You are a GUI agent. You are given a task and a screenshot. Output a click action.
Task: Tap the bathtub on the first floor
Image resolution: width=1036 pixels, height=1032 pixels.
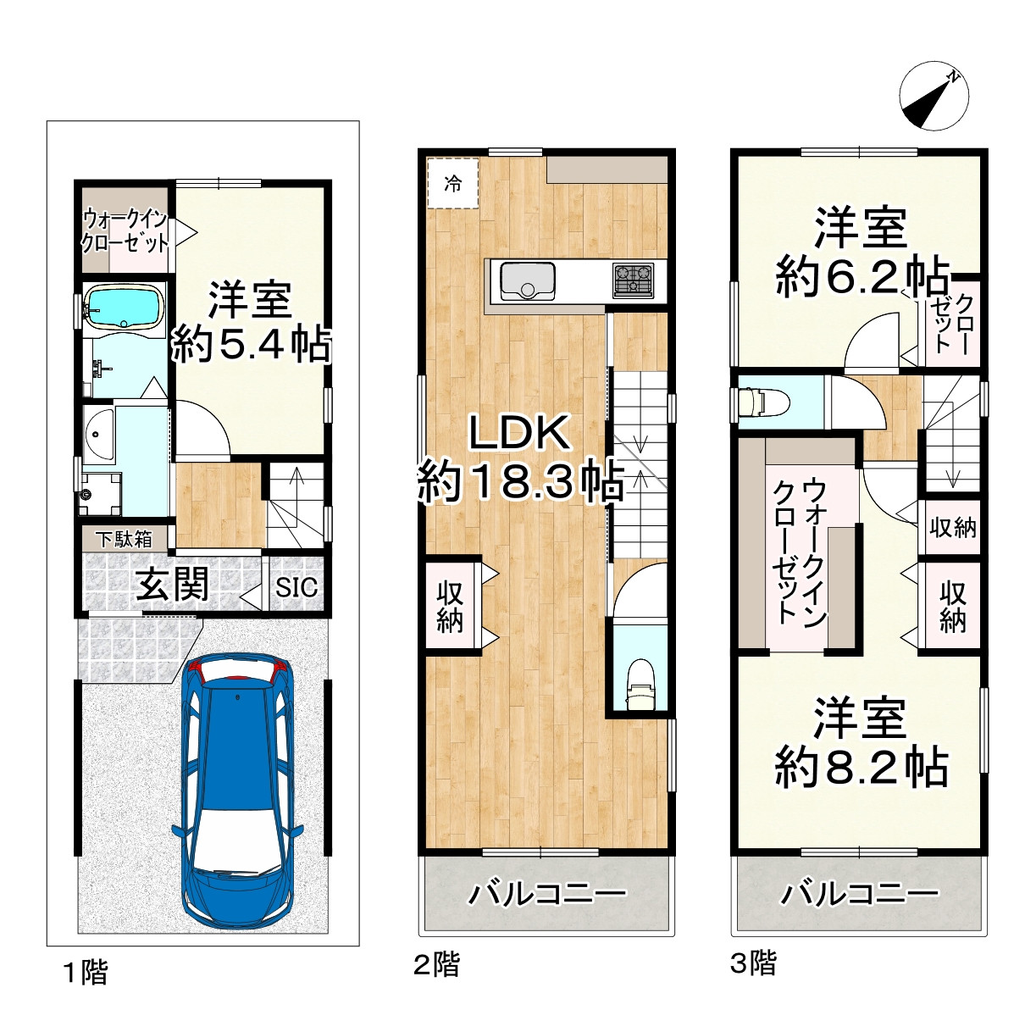point(125,308)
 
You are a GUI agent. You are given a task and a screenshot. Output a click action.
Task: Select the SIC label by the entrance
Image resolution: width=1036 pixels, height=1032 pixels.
point(296,586)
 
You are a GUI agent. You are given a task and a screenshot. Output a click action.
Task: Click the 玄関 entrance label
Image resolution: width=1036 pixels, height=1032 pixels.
point(171,584)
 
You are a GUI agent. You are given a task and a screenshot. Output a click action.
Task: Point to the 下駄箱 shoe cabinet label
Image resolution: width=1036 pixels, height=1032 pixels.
point(125,539)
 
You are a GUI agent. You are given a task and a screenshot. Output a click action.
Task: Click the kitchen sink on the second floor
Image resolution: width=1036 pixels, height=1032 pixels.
point(528,281)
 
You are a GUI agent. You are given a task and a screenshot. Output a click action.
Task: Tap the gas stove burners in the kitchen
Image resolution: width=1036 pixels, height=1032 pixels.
point(633,280)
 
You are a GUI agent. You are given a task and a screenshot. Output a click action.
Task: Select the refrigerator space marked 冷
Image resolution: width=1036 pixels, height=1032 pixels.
point(452,184)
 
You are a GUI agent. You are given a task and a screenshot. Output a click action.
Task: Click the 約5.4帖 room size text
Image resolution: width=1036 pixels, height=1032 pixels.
point(251,344)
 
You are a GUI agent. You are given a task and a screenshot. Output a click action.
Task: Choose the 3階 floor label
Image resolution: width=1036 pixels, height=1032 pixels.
point(753,963)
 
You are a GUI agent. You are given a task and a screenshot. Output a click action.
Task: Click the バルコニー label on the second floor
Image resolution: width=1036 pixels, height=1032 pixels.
point(548,895)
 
